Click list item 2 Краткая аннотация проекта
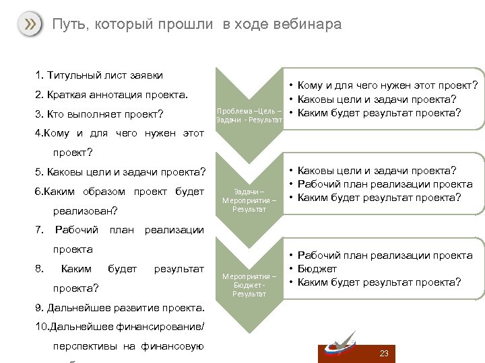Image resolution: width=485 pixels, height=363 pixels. pos(110,93)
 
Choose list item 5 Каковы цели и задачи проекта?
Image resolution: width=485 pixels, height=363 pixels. pos(119,172)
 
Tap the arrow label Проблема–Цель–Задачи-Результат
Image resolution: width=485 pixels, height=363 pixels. pos(249,115)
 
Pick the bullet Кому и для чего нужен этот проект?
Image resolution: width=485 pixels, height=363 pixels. pos(387,85)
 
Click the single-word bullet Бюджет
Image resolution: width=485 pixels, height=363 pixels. pos(317,269)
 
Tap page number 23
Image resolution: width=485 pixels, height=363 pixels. pos(384,354)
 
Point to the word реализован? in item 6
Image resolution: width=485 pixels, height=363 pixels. pos(85,210)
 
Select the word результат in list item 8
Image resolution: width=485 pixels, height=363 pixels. pos(179,269)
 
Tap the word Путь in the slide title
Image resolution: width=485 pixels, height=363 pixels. pos(67,25)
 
